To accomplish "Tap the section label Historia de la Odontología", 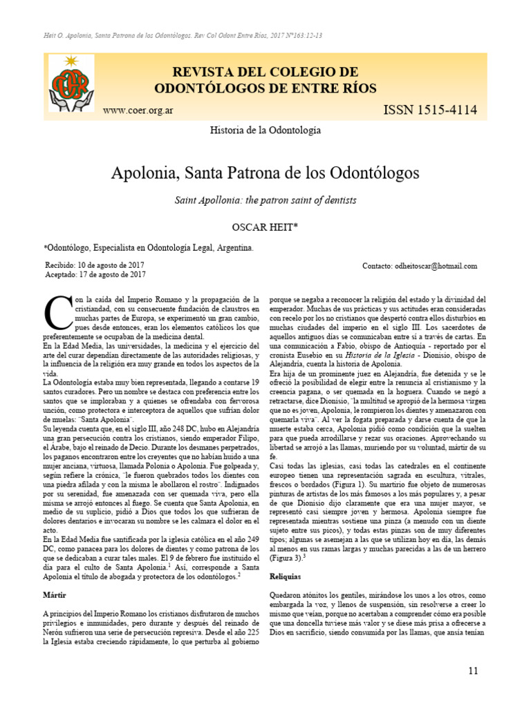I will point(265,130).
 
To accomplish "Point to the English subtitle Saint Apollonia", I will point(265,200).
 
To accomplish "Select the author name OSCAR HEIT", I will point(265,226).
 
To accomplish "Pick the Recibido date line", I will point(95,264).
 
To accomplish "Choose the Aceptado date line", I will point(95,274).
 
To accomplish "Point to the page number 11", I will point(473,670).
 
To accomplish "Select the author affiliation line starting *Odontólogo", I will point(148,246).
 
